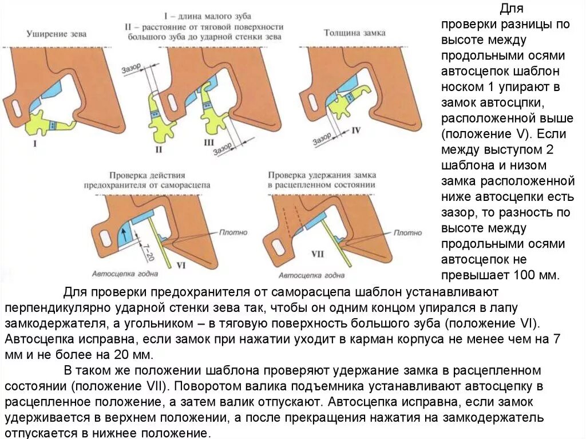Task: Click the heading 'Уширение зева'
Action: [57, 34]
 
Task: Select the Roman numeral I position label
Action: [35, 144]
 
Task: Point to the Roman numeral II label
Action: [159, 149]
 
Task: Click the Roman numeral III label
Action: [209, 142]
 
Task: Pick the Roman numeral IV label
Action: [356, 130]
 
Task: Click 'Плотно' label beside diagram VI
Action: [233, 232]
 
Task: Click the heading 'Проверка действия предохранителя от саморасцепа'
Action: [147, 180]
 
